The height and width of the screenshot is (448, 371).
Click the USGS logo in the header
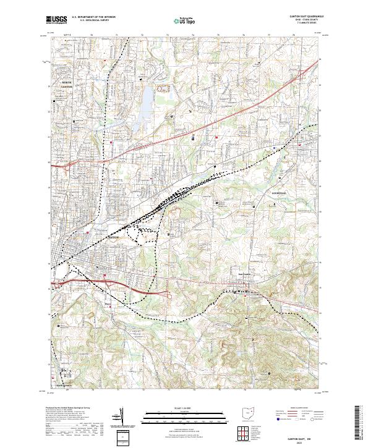tap(57, 20)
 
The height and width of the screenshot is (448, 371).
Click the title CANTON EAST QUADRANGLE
tap(300, 17)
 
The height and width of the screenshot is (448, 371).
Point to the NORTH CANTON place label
tap(66, 84)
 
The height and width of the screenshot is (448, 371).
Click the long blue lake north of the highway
tap(147, 102)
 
